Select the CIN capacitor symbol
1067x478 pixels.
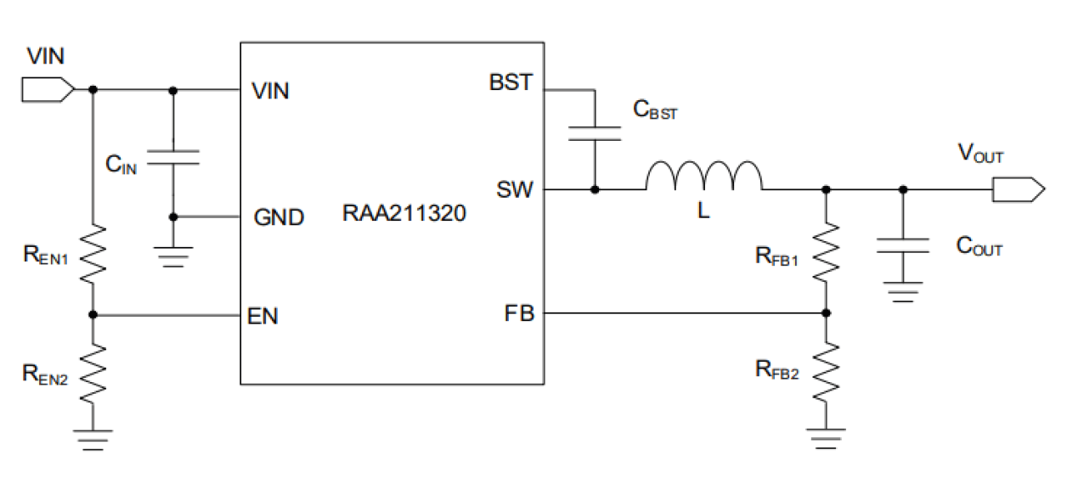point(172,157)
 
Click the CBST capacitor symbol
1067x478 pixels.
point(595,130)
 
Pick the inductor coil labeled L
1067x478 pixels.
point(703,176)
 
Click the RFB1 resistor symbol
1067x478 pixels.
point(825,251)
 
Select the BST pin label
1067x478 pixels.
point(511,83)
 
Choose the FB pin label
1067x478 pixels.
point(518,314)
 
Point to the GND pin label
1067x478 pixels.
point(279,218)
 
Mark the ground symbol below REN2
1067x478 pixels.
point(92,438)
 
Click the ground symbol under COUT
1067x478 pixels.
point(903,294)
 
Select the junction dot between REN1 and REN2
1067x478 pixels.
point(92,315)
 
